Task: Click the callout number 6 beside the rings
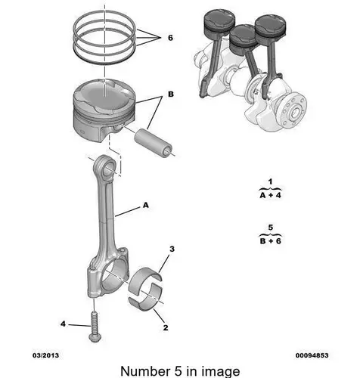171,38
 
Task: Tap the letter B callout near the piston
171,94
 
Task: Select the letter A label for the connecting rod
146,205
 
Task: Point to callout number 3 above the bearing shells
172,249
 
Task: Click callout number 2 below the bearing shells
166,327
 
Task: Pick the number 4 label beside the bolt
63,324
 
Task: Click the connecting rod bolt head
94,338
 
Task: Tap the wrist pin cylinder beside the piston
154,143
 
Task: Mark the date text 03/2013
45,355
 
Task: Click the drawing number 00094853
312,355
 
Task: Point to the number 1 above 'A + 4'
270,181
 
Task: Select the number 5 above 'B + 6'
271,228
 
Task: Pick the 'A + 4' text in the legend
270,195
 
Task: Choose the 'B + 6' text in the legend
271,241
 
